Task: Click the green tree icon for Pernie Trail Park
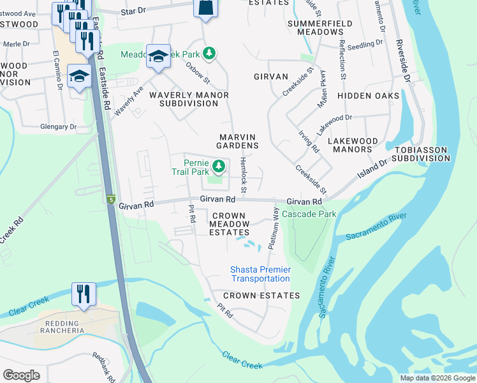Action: click(x=219, y=167)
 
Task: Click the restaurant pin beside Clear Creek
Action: click(x=84, y=294)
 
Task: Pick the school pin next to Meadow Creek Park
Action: click(x=158, y=56)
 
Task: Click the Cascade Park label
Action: click(x=309, y=214)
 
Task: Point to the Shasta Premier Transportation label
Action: click(x=260, y=274)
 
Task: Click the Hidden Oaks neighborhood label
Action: click(x=368, y=96)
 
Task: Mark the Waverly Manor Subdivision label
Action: click(x=189, y=99)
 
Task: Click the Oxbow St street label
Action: click(x=198, y=72)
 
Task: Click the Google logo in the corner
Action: click(x=21, y=375)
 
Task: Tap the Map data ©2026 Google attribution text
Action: click(x=437, y=378)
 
